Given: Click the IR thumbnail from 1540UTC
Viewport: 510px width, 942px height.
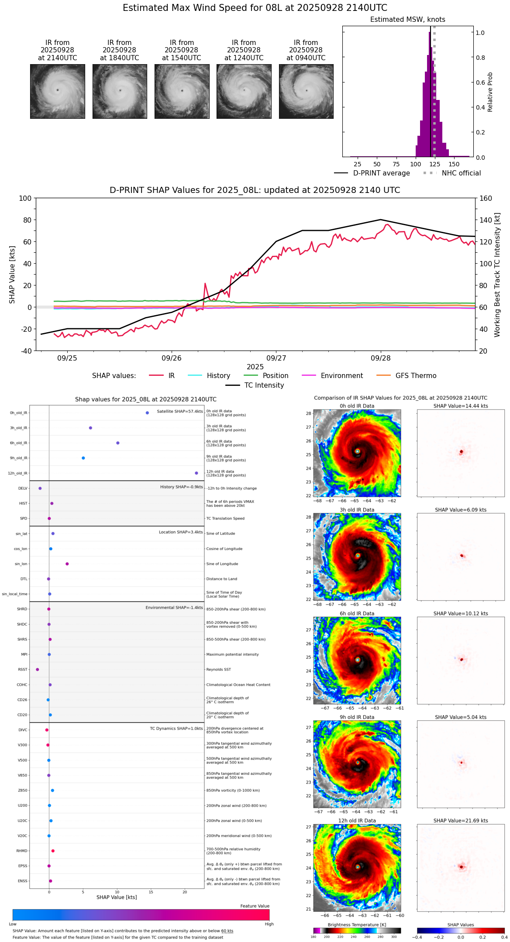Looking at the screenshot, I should click(x=182, y=91).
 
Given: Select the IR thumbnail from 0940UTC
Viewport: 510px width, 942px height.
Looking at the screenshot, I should click(x=306, y=91).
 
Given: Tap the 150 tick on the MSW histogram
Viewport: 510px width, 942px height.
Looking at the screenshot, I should click(x=454, y=164).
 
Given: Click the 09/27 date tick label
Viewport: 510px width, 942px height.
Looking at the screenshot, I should click(x=276, y=358).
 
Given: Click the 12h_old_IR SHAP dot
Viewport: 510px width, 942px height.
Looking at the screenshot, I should click(x=196, y=473).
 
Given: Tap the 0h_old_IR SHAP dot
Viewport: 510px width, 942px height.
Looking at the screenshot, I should click(x=147, y=413).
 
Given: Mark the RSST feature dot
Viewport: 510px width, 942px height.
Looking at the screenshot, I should click(x=37, y=670).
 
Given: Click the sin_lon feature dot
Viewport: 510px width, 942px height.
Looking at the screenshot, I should click(x=67, y=564).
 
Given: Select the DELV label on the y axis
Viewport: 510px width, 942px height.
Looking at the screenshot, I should click(x=23, y=488).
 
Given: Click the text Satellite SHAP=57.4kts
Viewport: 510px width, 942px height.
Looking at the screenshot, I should click(x=180, y=412).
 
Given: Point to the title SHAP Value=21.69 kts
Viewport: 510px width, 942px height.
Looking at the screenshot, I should click(x=461, y=821).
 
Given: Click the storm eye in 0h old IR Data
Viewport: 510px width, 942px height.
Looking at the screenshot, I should click(x=357, y=451).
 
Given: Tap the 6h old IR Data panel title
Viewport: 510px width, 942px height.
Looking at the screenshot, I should click(x=357, y=614).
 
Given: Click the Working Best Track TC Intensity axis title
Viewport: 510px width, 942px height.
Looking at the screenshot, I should click(x=497, y=275).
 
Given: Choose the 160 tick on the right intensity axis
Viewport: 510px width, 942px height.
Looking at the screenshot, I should click(x=486, y=198).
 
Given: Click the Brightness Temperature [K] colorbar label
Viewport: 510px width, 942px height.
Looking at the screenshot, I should click(x=357, y=925).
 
